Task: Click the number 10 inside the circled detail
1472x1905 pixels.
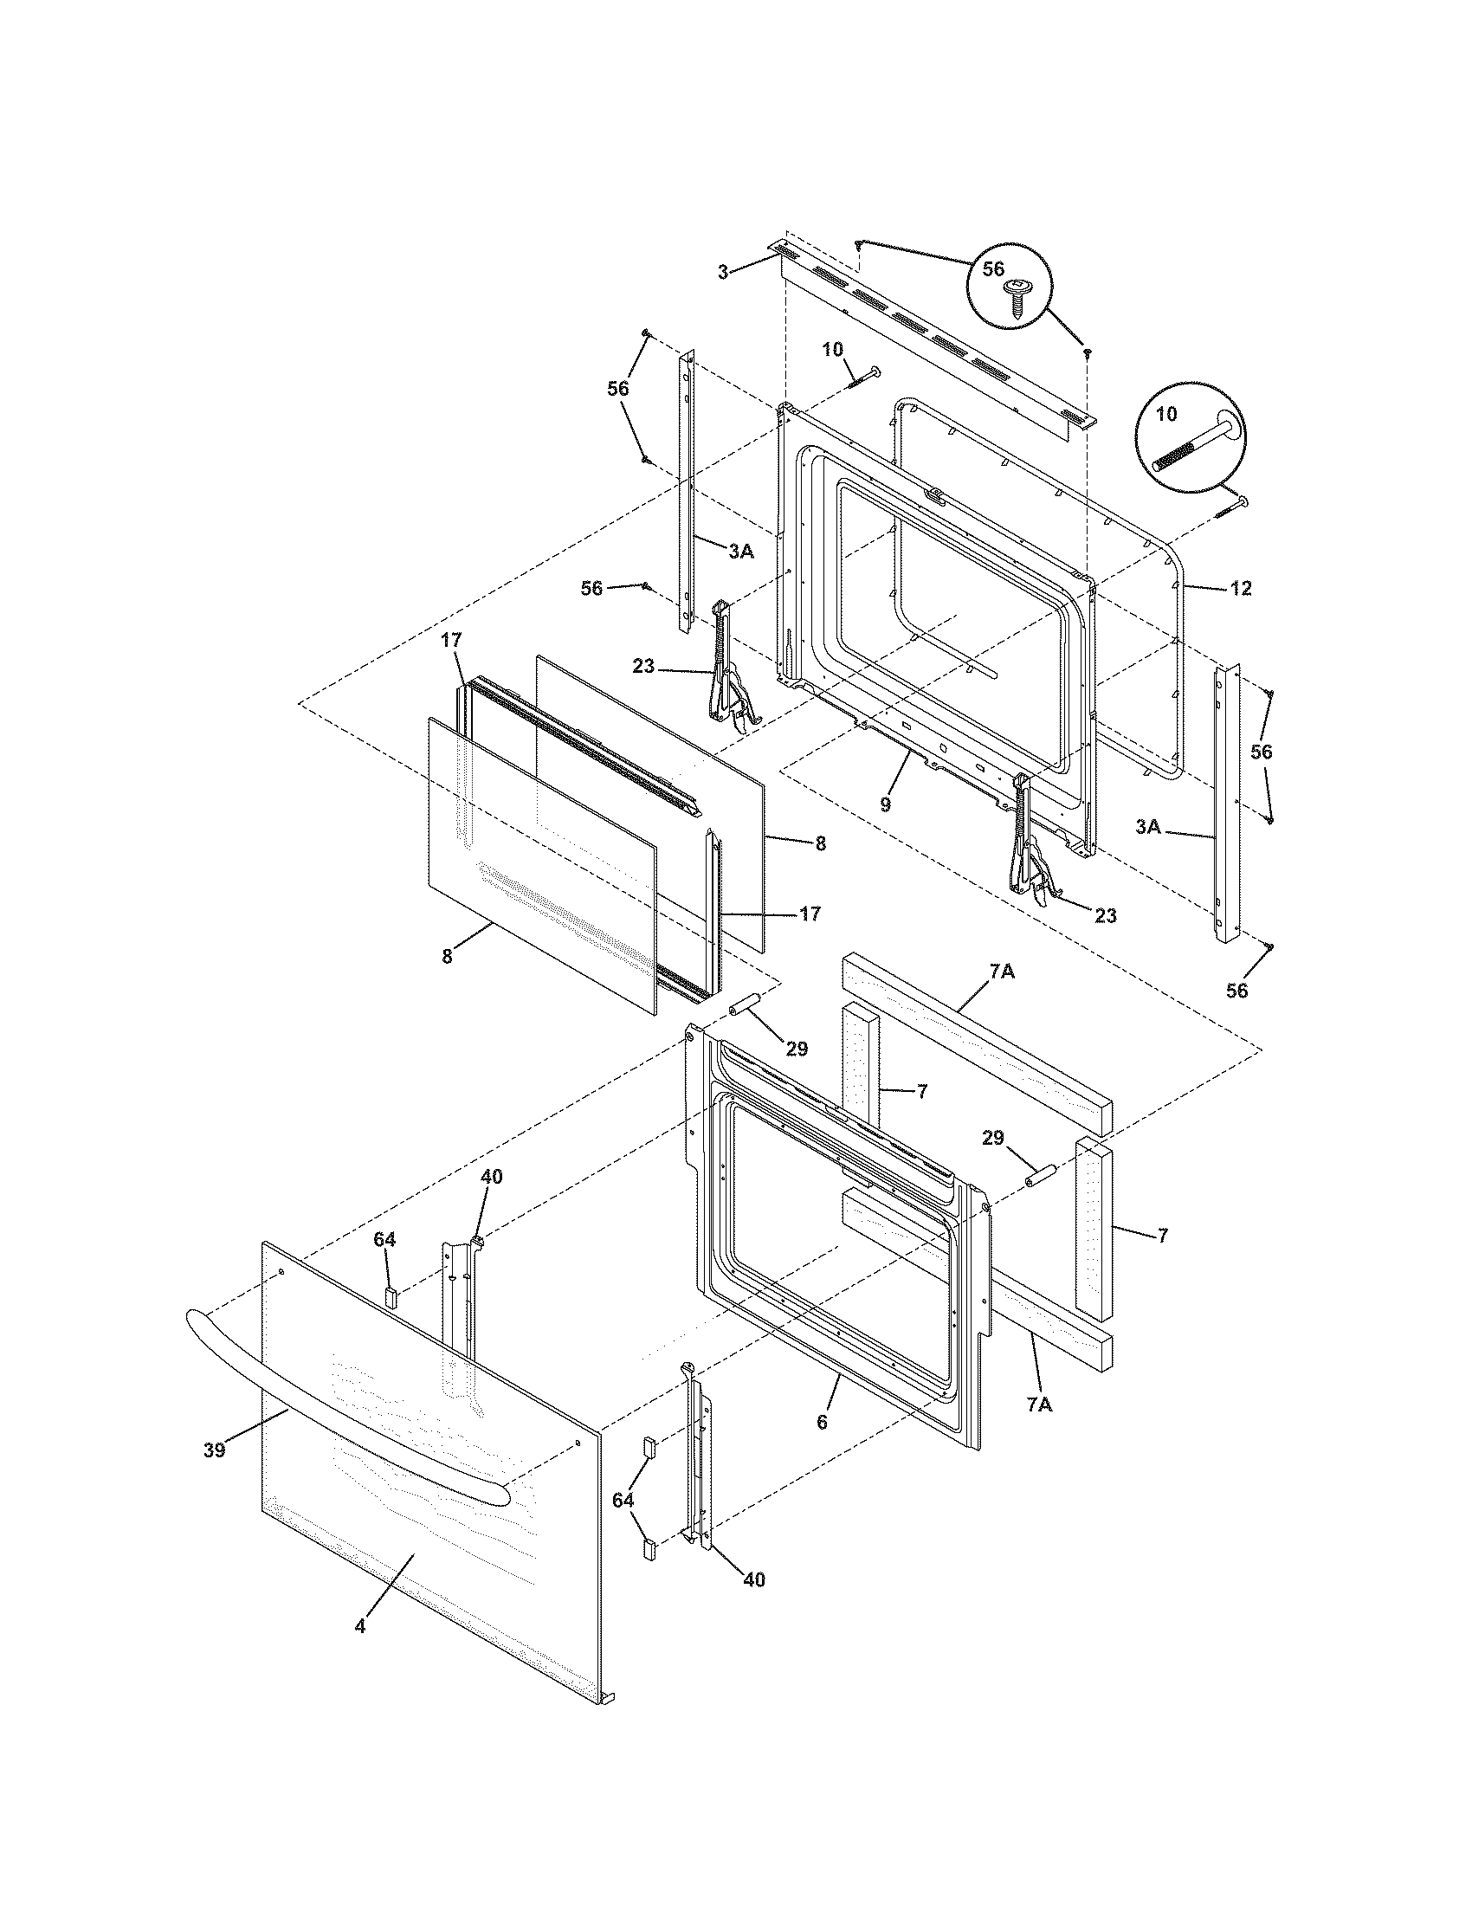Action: (1166, 415)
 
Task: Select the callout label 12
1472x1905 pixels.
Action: (1241, 589)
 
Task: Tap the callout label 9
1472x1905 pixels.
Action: (885, 804)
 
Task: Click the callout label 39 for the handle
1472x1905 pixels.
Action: (215, 1450)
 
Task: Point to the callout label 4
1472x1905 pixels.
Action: (360, 1625)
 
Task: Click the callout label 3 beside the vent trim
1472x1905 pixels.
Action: (722, 273)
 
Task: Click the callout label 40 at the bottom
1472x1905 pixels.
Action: (753, 1579)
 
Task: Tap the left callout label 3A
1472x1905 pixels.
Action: (741, 552)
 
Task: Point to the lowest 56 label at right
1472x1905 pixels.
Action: (1236, 990)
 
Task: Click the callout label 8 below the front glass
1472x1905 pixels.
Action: (448, 956)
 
